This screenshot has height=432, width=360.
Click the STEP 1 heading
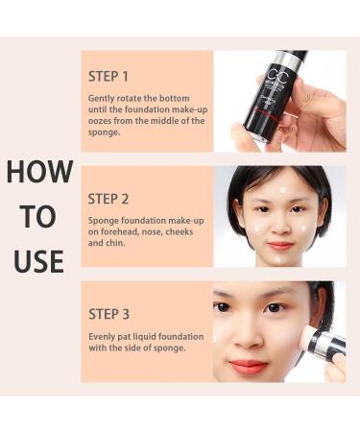click(x=108, y=77)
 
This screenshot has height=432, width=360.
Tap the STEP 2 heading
click(x=108, y=199)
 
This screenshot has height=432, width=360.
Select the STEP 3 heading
click(x=108, y=314)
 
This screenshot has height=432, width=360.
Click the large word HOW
click(x=39, y=172)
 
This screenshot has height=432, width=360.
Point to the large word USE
click(x=38, y=261)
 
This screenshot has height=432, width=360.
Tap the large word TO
click(x=39, y=217)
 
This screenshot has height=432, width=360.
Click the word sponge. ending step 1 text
click(x=104, y=132)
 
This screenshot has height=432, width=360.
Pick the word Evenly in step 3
click(x=102, y=337)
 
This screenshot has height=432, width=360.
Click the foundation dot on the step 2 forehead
click(x=282, y=190)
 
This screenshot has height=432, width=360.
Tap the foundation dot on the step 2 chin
click(x=281, y=258)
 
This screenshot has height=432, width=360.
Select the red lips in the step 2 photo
click(x=280, y=246)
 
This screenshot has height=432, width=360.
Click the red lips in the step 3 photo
click(x=249, y=367)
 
